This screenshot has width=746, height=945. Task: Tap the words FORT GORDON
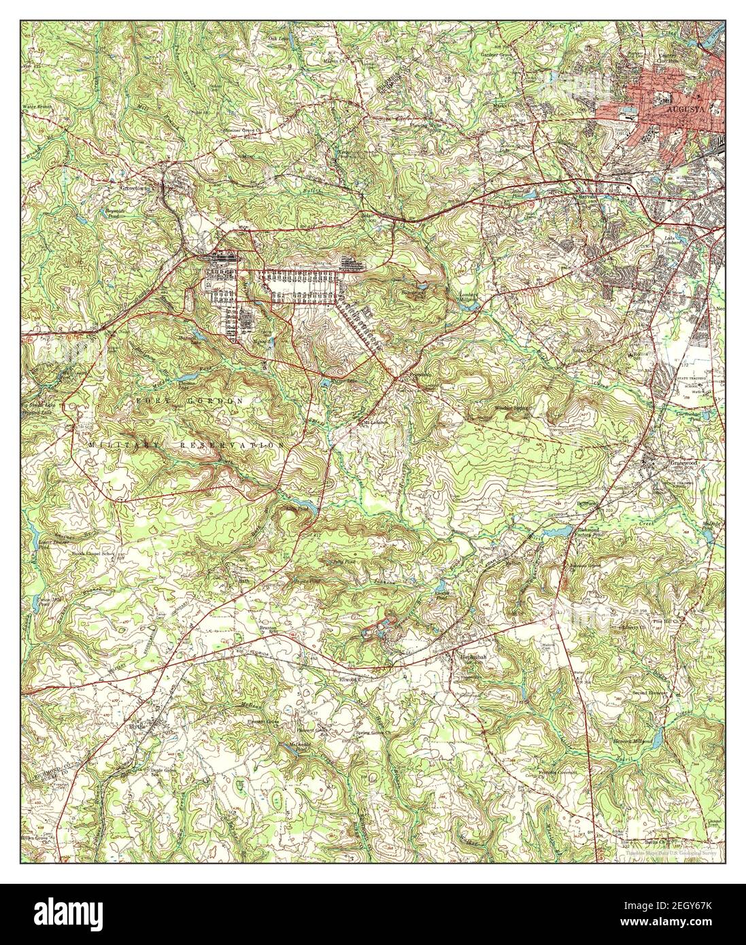[x=190, y=402]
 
